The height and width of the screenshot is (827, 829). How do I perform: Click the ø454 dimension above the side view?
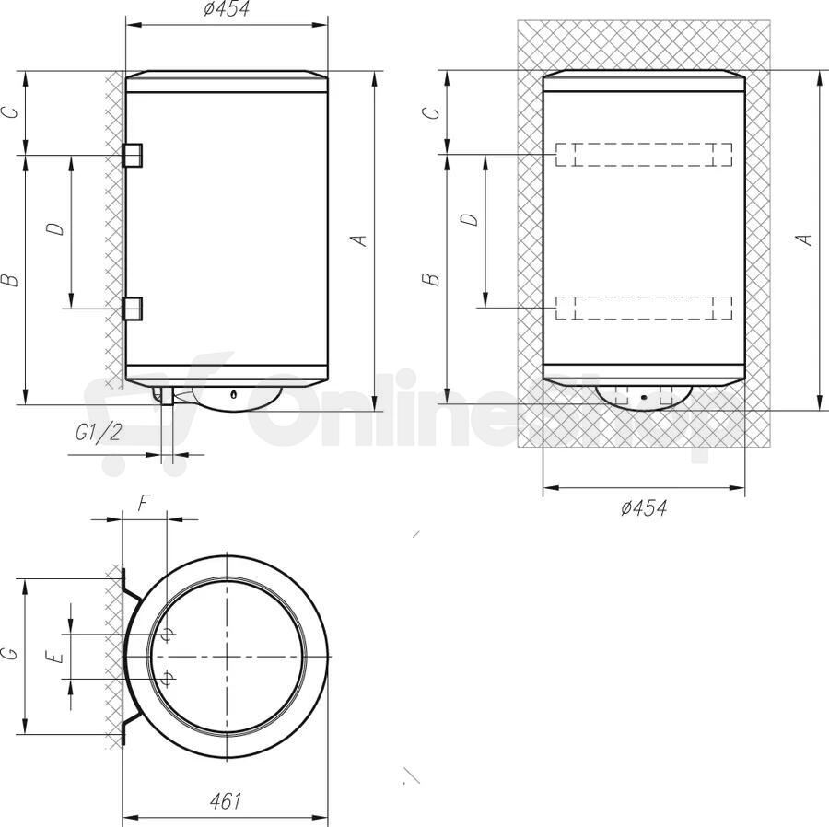click(x=227, y=9)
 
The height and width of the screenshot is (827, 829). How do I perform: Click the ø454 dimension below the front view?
click(x=644, y=507)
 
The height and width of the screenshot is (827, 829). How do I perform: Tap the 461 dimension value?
click(x=226, y=801)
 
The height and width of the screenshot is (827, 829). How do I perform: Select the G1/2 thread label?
click(x=99, y=433)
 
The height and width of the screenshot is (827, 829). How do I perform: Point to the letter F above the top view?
click(x=144, y=504)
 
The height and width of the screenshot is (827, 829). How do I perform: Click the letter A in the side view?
click(x=360, y=240)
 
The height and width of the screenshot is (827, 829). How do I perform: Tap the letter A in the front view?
click(x=804, y=239)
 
